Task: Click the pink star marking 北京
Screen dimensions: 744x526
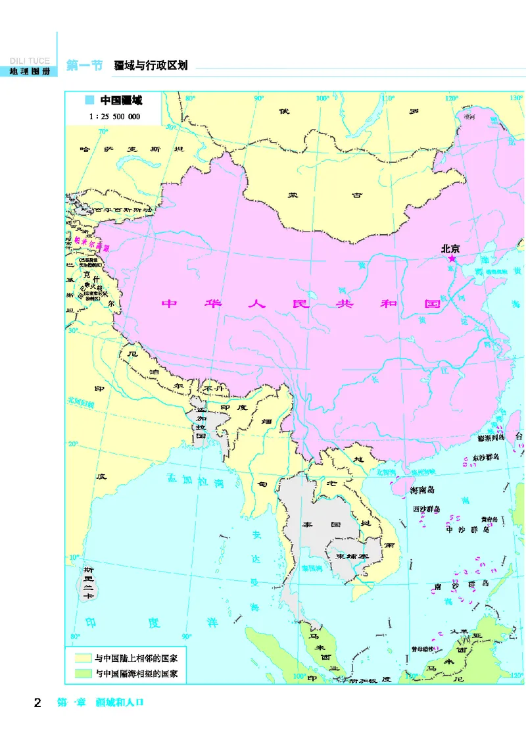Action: point(452,259)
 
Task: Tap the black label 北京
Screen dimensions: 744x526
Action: point(450,248)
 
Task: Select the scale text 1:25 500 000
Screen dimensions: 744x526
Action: point(114,116)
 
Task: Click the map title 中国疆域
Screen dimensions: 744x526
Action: point(121,101)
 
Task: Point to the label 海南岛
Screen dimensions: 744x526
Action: point(423,490)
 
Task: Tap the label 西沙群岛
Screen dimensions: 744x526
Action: point(426,508)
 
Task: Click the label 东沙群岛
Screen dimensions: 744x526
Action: point(486,457)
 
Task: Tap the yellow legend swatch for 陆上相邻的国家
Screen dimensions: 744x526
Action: point(83,658)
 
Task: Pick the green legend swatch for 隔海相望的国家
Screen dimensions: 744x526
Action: point(83,674)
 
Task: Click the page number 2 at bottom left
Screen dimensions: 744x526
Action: point(37,703)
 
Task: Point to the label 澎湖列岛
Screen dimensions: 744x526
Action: point(490,436)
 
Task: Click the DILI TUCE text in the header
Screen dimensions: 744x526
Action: point(30,61)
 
